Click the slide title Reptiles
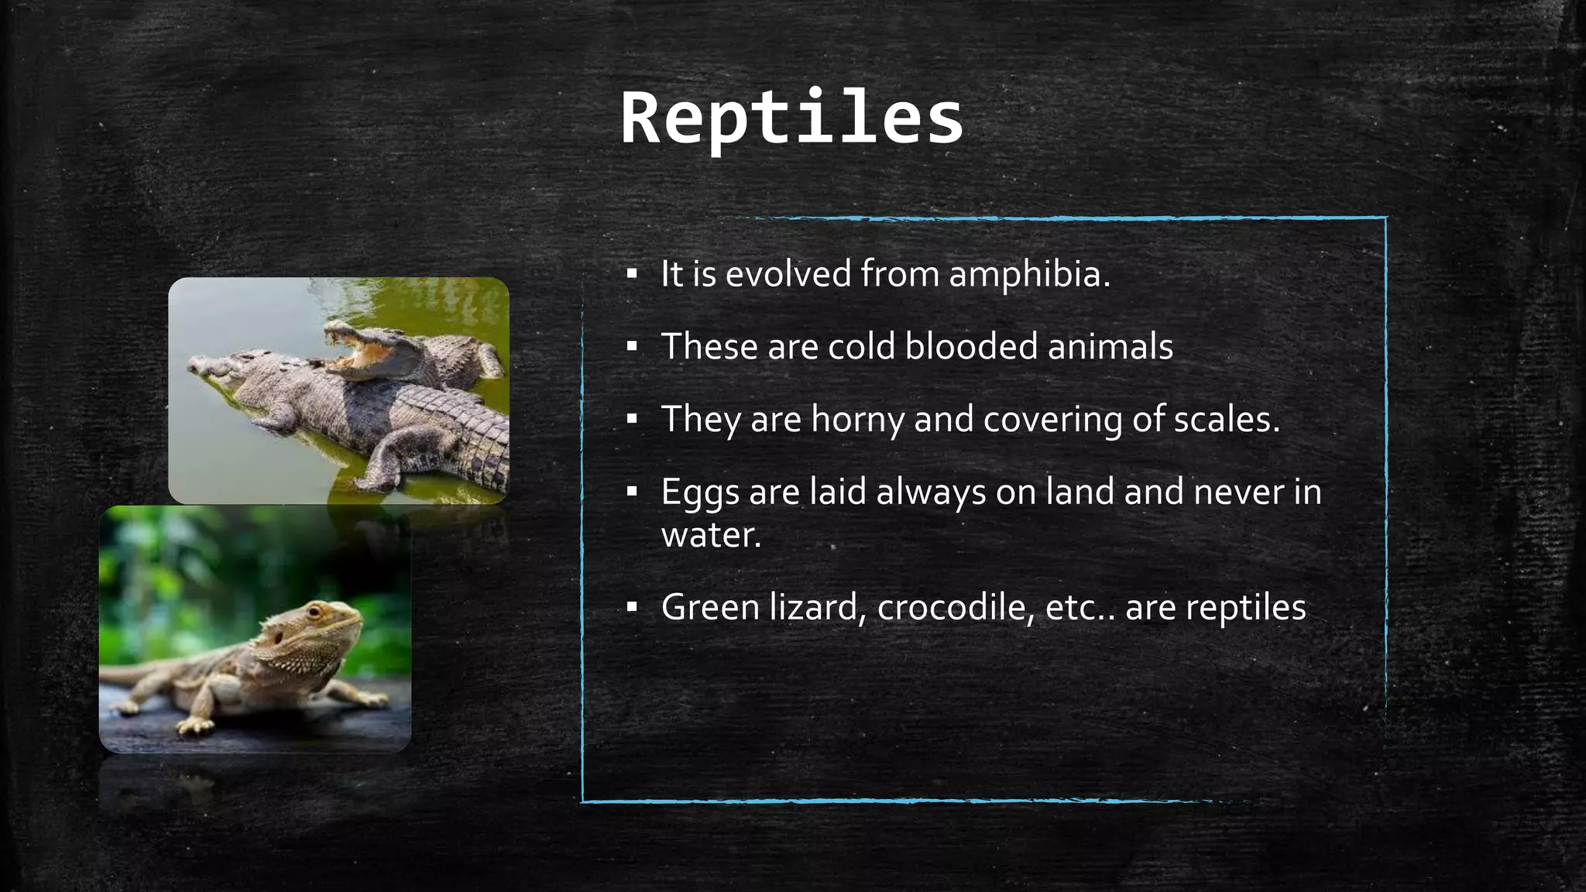click(x=791, y=119)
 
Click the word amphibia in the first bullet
click(x=1029, y=274)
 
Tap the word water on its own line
click(x=710, y=535)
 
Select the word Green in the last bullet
click(x=709, y=607)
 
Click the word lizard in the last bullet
click(x=817, y=607)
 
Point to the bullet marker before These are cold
click(x=632, y=348)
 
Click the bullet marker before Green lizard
click(x=632, y=609)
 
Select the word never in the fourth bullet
click(x=1238, y=492)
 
